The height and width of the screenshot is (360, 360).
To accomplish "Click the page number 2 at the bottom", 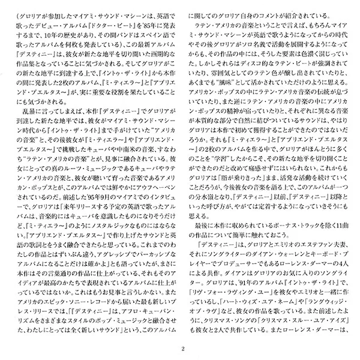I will (x=181, y=347).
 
